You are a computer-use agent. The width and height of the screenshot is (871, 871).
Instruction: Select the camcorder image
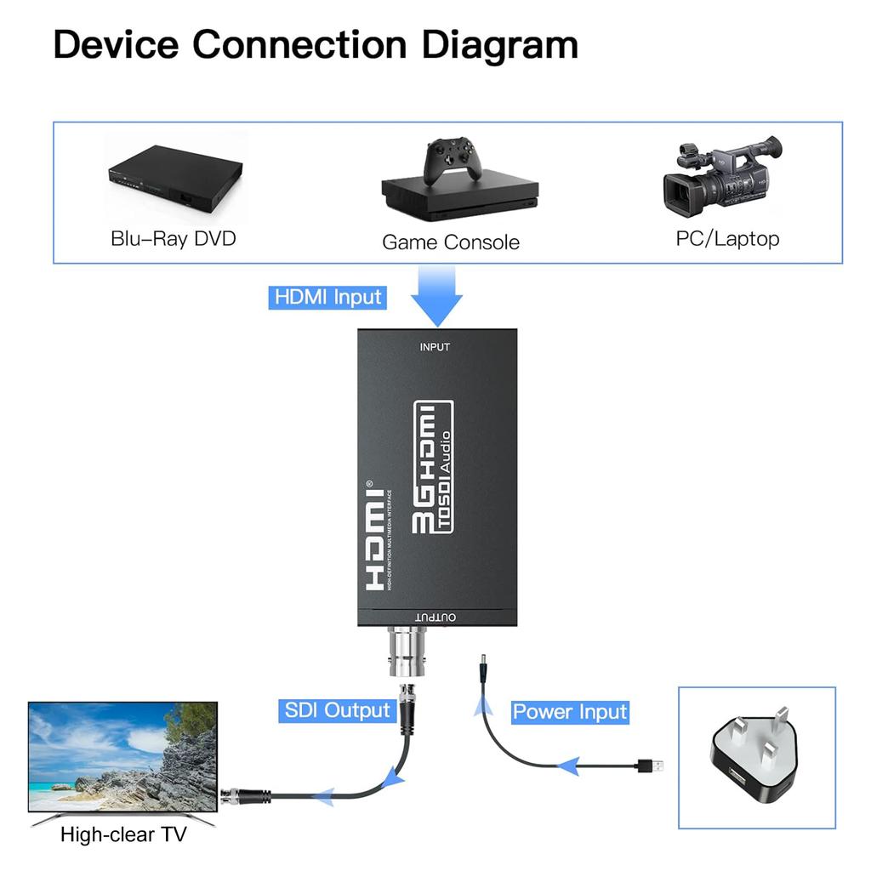[x=722, y=176]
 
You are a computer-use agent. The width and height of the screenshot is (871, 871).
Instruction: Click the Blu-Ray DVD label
[x=174, y=238]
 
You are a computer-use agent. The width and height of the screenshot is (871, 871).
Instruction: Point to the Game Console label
[x=450, y=242]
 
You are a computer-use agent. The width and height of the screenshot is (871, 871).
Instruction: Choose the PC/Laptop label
[x=727, y=239]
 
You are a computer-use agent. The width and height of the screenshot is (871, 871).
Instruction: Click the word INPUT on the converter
[x=435, y=347]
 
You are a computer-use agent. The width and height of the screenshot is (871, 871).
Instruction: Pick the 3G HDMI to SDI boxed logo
[x=433, y=467]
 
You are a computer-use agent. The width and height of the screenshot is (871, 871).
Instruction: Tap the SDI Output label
[x=338, y=710]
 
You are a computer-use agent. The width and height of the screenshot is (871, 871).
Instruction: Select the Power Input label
[x=570, y=712]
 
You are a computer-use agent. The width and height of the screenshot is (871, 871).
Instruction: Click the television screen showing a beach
[x=122, y=756]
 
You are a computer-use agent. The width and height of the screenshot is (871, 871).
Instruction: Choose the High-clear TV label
[x=123, y=834]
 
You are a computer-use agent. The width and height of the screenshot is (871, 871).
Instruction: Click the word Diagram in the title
[x=500, y=44]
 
